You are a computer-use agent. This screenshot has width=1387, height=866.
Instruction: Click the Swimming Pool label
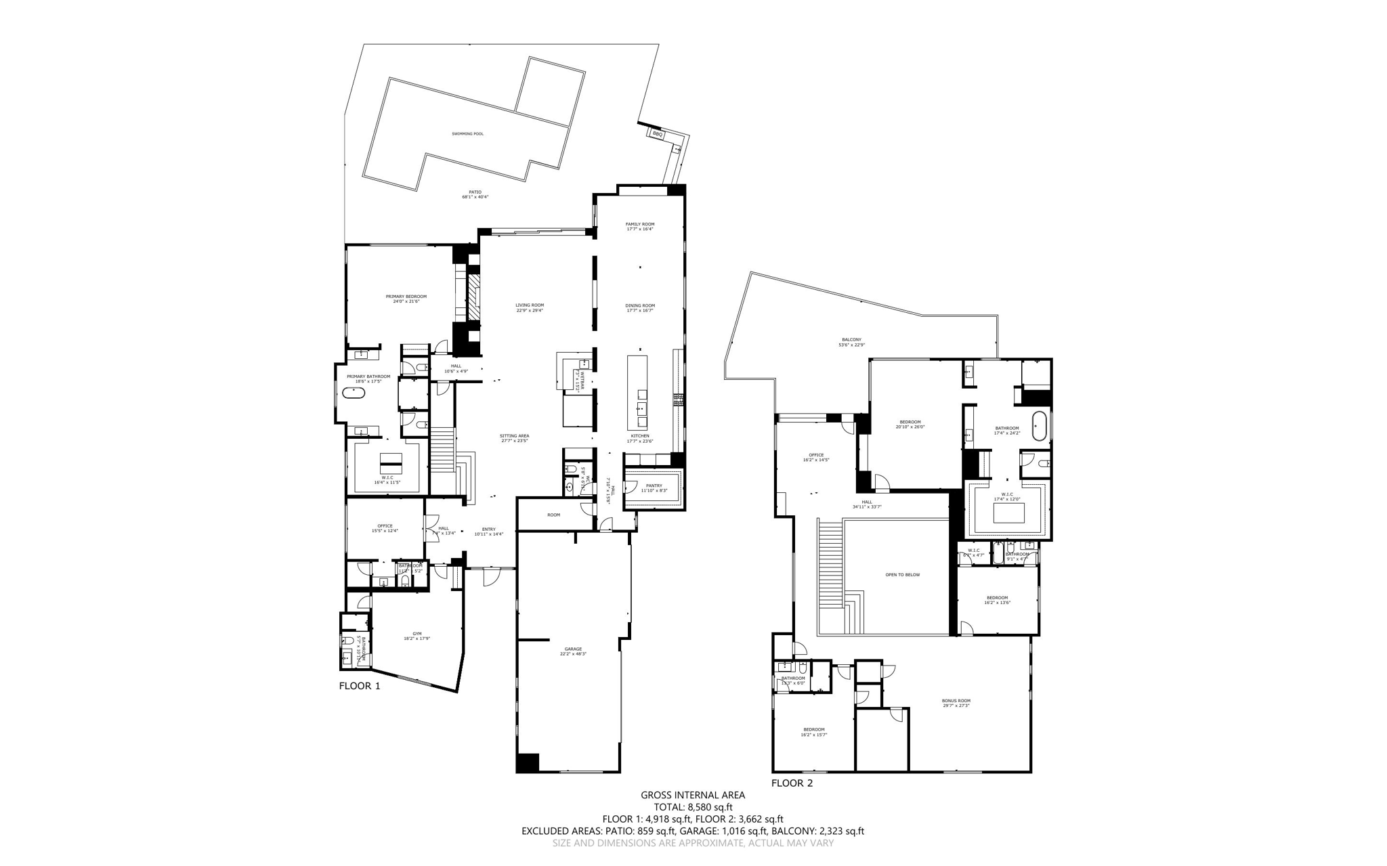click(x=467, y=134)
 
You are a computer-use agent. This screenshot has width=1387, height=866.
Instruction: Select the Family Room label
click(x=639, y=224)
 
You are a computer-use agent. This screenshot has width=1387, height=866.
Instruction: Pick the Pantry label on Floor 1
click(x=654, y=485)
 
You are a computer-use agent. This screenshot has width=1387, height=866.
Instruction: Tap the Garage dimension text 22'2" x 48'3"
click(x=573, y=654)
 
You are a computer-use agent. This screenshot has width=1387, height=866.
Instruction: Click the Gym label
click(x=417, y=634)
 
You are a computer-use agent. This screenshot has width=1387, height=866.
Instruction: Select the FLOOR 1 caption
click(x=360, y=686)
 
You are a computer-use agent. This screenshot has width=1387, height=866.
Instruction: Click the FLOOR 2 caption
click(x=792, y=783)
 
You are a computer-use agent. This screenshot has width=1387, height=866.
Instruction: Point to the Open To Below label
click(x=902, y=575)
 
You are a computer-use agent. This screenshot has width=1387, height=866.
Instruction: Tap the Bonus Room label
click(x=956, y=701)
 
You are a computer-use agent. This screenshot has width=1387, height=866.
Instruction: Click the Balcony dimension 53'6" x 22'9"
click(x=851, y=345)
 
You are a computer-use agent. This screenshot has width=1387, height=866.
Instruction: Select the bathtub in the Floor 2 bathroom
click(x=1038, y=427)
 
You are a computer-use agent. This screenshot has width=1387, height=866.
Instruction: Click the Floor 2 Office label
click(x=815, y=455)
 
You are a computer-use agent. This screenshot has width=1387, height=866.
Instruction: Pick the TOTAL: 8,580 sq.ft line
click(x=693, y=807)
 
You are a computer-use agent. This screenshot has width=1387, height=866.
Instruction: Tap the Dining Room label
click(x=639, y=305)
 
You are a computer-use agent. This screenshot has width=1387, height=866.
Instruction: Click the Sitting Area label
click(x=514, y=436)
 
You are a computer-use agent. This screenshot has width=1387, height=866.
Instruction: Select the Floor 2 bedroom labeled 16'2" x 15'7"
click(x=813, y=730)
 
